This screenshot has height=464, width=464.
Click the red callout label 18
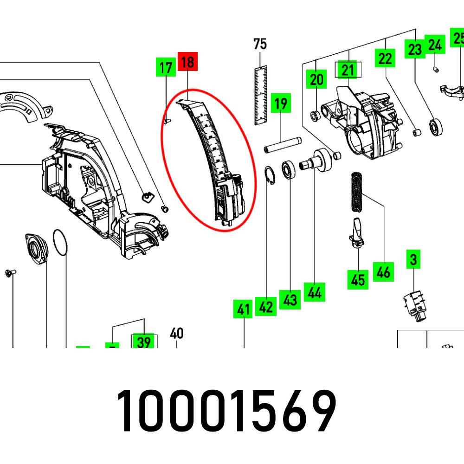tap(187, 62)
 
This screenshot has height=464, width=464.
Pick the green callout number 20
tap(316, 79)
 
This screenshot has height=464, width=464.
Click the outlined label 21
tap(348, 70)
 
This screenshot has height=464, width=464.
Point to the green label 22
tap(385, 58)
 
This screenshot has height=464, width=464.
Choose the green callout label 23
tap(414, 49)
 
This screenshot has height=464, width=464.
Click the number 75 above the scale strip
tap(260, 44)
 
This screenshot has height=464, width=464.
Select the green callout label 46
tap(383, 271)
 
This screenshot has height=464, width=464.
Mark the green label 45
tap(358, 280)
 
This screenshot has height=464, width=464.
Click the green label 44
tap(315, 292)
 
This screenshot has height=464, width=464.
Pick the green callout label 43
tap(290, 300)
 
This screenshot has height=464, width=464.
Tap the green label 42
tap(266, 307)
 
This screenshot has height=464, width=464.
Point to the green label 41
tap(244, 309)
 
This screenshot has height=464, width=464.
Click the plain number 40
tap(177, 333)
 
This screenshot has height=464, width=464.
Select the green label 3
tap(413, 260)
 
